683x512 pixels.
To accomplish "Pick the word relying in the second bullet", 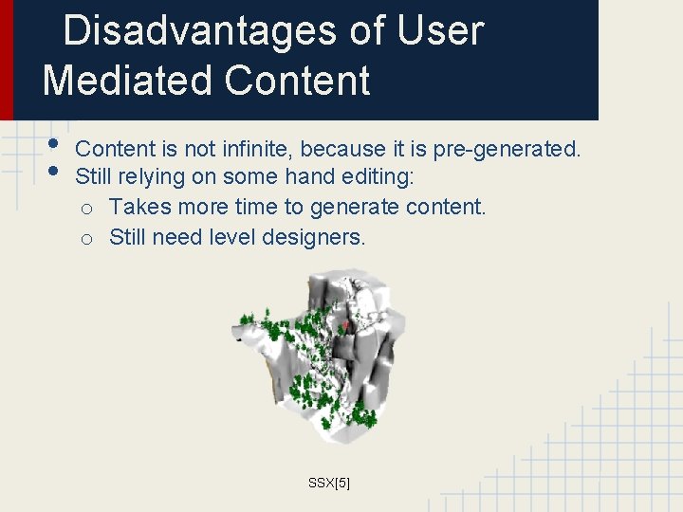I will pos(151,176).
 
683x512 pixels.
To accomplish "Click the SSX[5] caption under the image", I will pos(329,483).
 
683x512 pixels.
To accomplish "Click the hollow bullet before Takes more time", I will pos(86,209).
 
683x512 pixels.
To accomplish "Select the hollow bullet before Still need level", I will pos(86,239).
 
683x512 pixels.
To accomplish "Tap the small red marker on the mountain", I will pos(347,325).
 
